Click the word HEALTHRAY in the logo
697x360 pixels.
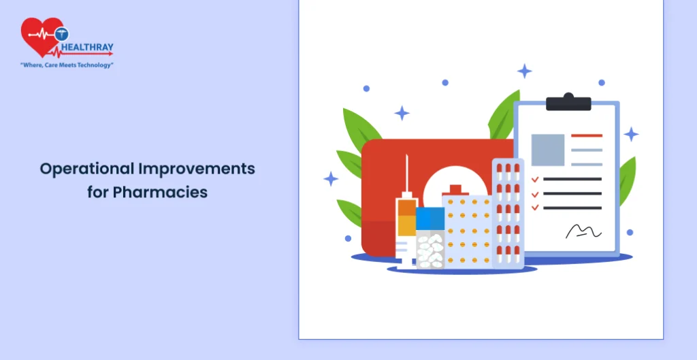[x=87, y=47]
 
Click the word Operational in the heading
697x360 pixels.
[x=86, y=169]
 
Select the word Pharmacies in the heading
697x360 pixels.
[x=160, y=193]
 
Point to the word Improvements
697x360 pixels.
[x=197, y=169]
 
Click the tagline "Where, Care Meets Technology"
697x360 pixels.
[x=67, y=65]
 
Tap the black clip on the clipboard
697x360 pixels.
[x=568, y=102]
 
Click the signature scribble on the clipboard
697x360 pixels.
[x=583, y=231]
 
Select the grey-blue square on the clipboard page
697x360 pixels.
[x=548, y=150]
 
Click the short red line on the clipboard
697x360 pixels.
[x=587, y=135]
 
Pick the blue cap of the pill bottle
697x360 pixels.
[x=430, y=218]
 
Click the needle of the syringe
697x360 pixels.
[x=407, y=173]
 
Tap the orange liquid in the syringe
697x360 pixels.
[x=407, y=218]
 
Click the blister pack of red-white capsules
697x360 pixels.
[x=508, y=213]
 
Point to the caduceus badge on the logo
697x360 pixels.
[x=62, y=34]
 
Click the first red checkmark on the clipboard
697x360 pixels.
[x=535, y=179]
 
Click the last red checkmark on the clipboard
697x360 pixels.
[x=535, y=208]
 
